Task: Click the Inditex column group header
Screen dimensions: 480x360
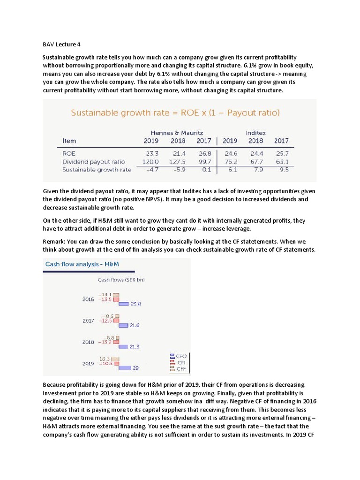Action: point(255,133)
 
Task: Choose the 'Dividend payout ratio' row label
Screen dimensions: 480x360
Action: point(94,162)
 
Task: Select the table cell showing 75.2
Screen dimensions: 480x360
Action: point(230,162)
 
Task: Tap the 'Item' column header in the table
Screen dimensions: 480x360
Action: point(69,141)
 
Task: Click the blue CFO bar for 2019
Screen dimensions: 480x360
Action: point(124,368)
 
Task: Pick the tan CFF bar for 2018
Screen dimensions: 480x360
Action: point(118,337)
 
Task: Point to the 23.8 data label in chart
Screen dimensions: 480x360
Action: point(135,304)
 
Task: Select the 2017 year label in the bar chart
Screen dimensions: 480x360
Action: point(88,321)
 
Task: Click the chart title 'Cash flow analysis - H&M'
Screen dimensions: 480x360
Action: point(82,264)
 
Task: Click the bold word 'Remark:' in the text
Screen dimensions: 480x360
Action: point(55,241)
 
